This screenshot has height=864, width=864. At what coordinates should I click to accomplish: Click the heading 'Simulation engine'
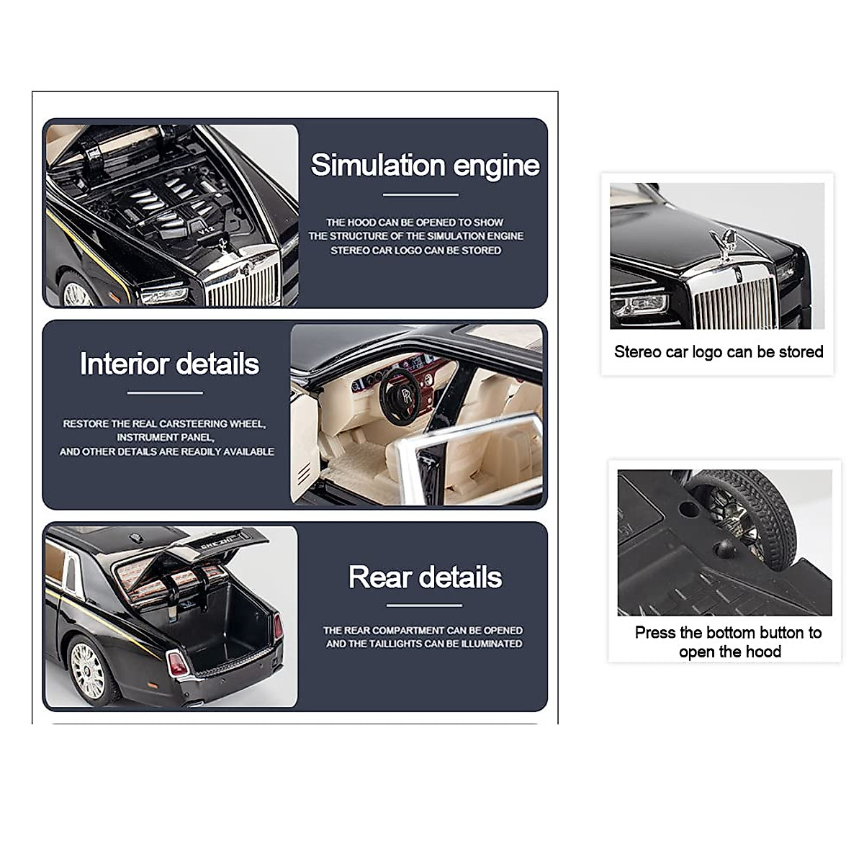click(425, 166)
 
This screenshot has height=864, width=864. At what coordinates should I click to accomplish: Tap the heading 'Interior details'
click(169, 364)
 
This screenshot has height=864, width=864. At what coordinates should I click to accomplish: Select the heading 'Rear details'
click(425, 577)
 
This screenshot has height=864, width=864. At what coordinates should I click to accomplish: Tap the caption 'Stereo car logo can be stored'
click(718, 352)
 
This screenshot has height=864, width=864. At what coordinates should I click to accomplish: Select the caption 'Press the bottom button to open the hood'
click(728, 642)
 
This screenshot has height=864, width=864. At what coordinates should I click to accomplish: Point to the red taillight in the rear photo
click(176, 663)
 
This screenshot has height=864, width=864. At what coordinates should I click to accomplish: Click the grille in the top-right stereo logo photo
click(734, 302)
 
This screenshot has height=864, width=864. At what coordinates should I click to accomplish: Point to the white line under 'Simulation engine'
click(420, 194)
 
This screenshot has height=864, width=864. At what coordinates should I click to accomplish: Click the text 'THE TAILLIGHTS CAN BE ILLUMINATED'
click(424, 644)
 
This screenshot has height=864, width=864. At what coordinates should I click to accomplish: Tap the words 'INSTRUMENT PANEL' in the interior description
click(165, 437)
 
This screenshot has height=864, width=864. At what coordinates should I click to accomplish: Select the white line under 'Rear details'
click(424, 606)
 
